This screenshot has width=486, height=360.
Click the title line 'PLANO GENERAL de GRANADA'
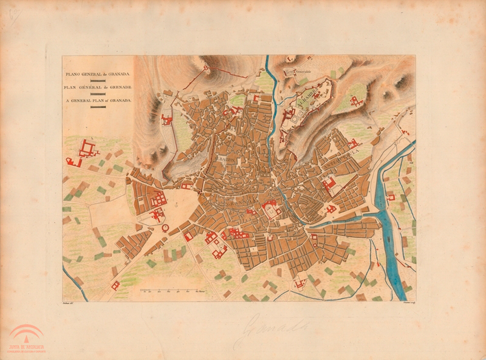click(98, 75)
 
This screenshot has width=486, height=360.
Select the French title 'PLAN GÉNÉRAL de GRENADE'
click(98, 88)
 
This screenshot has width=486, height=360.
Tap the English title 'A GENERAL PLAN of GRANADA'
click(98, 101)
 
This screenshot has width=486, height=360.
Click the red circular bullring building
click(165, 228)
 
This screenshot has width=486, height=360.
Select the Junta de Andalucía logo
click(26, 339)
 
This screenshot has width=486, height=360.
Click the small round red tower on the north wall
click(206, 68)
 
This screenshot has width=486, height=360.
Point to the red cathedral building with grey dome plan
click(271, 209)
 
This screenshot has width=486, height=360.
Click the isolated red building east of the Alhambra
click(355, 101)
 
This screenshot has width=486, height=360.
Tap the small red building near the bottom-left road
click(115, 285)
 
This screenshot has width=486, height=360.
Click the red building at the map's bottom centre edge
click(299, 284)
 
